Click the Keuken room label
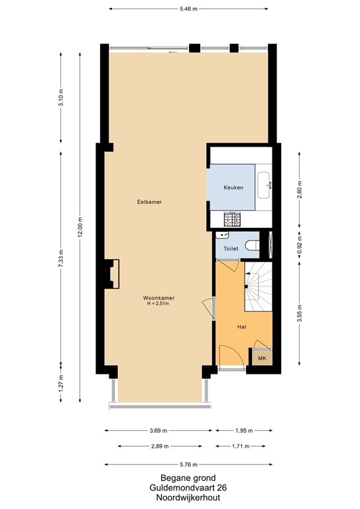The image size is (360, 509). coord(233,188)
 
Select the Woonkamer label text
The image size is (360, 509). coord(158,298)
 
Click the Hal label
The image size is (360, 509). coord(242,327)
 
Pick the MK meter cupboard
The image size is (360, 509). coord(262,358)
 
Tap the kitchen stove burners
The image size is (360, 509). coord(232,218)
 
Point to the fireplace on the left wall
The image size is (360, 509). coord(112,273)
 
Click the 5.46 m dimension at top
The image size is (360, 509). coord(190,9)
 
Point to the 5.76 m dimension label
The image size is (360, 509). coord(190,465)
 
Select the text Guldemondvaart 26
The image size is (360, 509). coord(180,486)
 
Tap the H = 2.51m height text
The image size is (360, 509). coord(159,305)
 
